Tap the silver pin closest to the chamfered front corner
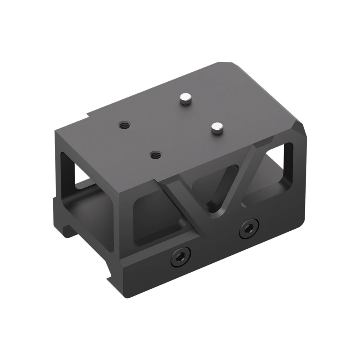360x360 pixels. coord(216,129)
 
